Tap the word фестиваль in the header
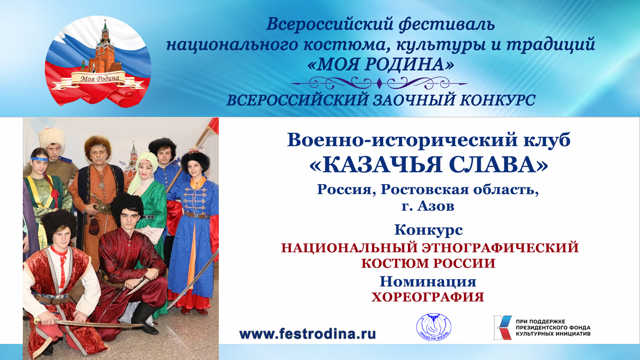point(447,24)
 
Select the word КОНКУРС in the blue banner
point(497,100)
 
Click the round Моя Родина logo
point(98,61)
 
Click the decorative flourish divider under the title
point(379,84)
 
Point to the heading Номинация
point(428,282)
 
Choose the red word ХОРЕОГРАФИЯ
point(428,297)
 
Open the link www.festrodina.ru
point(307,334)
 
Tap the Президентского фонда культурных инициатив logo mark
point(502,327)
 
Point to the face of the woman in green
point(145,170)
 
